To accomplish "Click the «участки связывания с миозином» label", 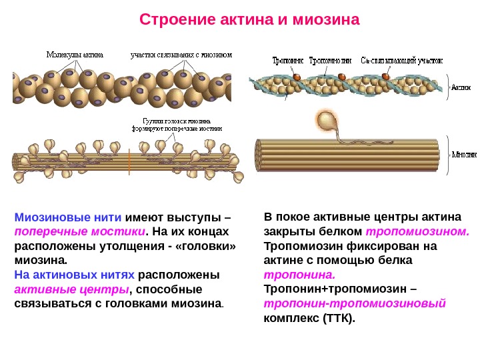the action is coord(181,55).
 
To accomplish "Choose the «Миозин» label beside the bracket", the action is coord(464,154).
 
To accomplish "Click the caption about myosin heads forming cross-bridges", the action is coord(182,125).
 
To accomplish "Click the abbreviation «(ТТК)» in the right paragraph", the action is coord(340,318).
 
